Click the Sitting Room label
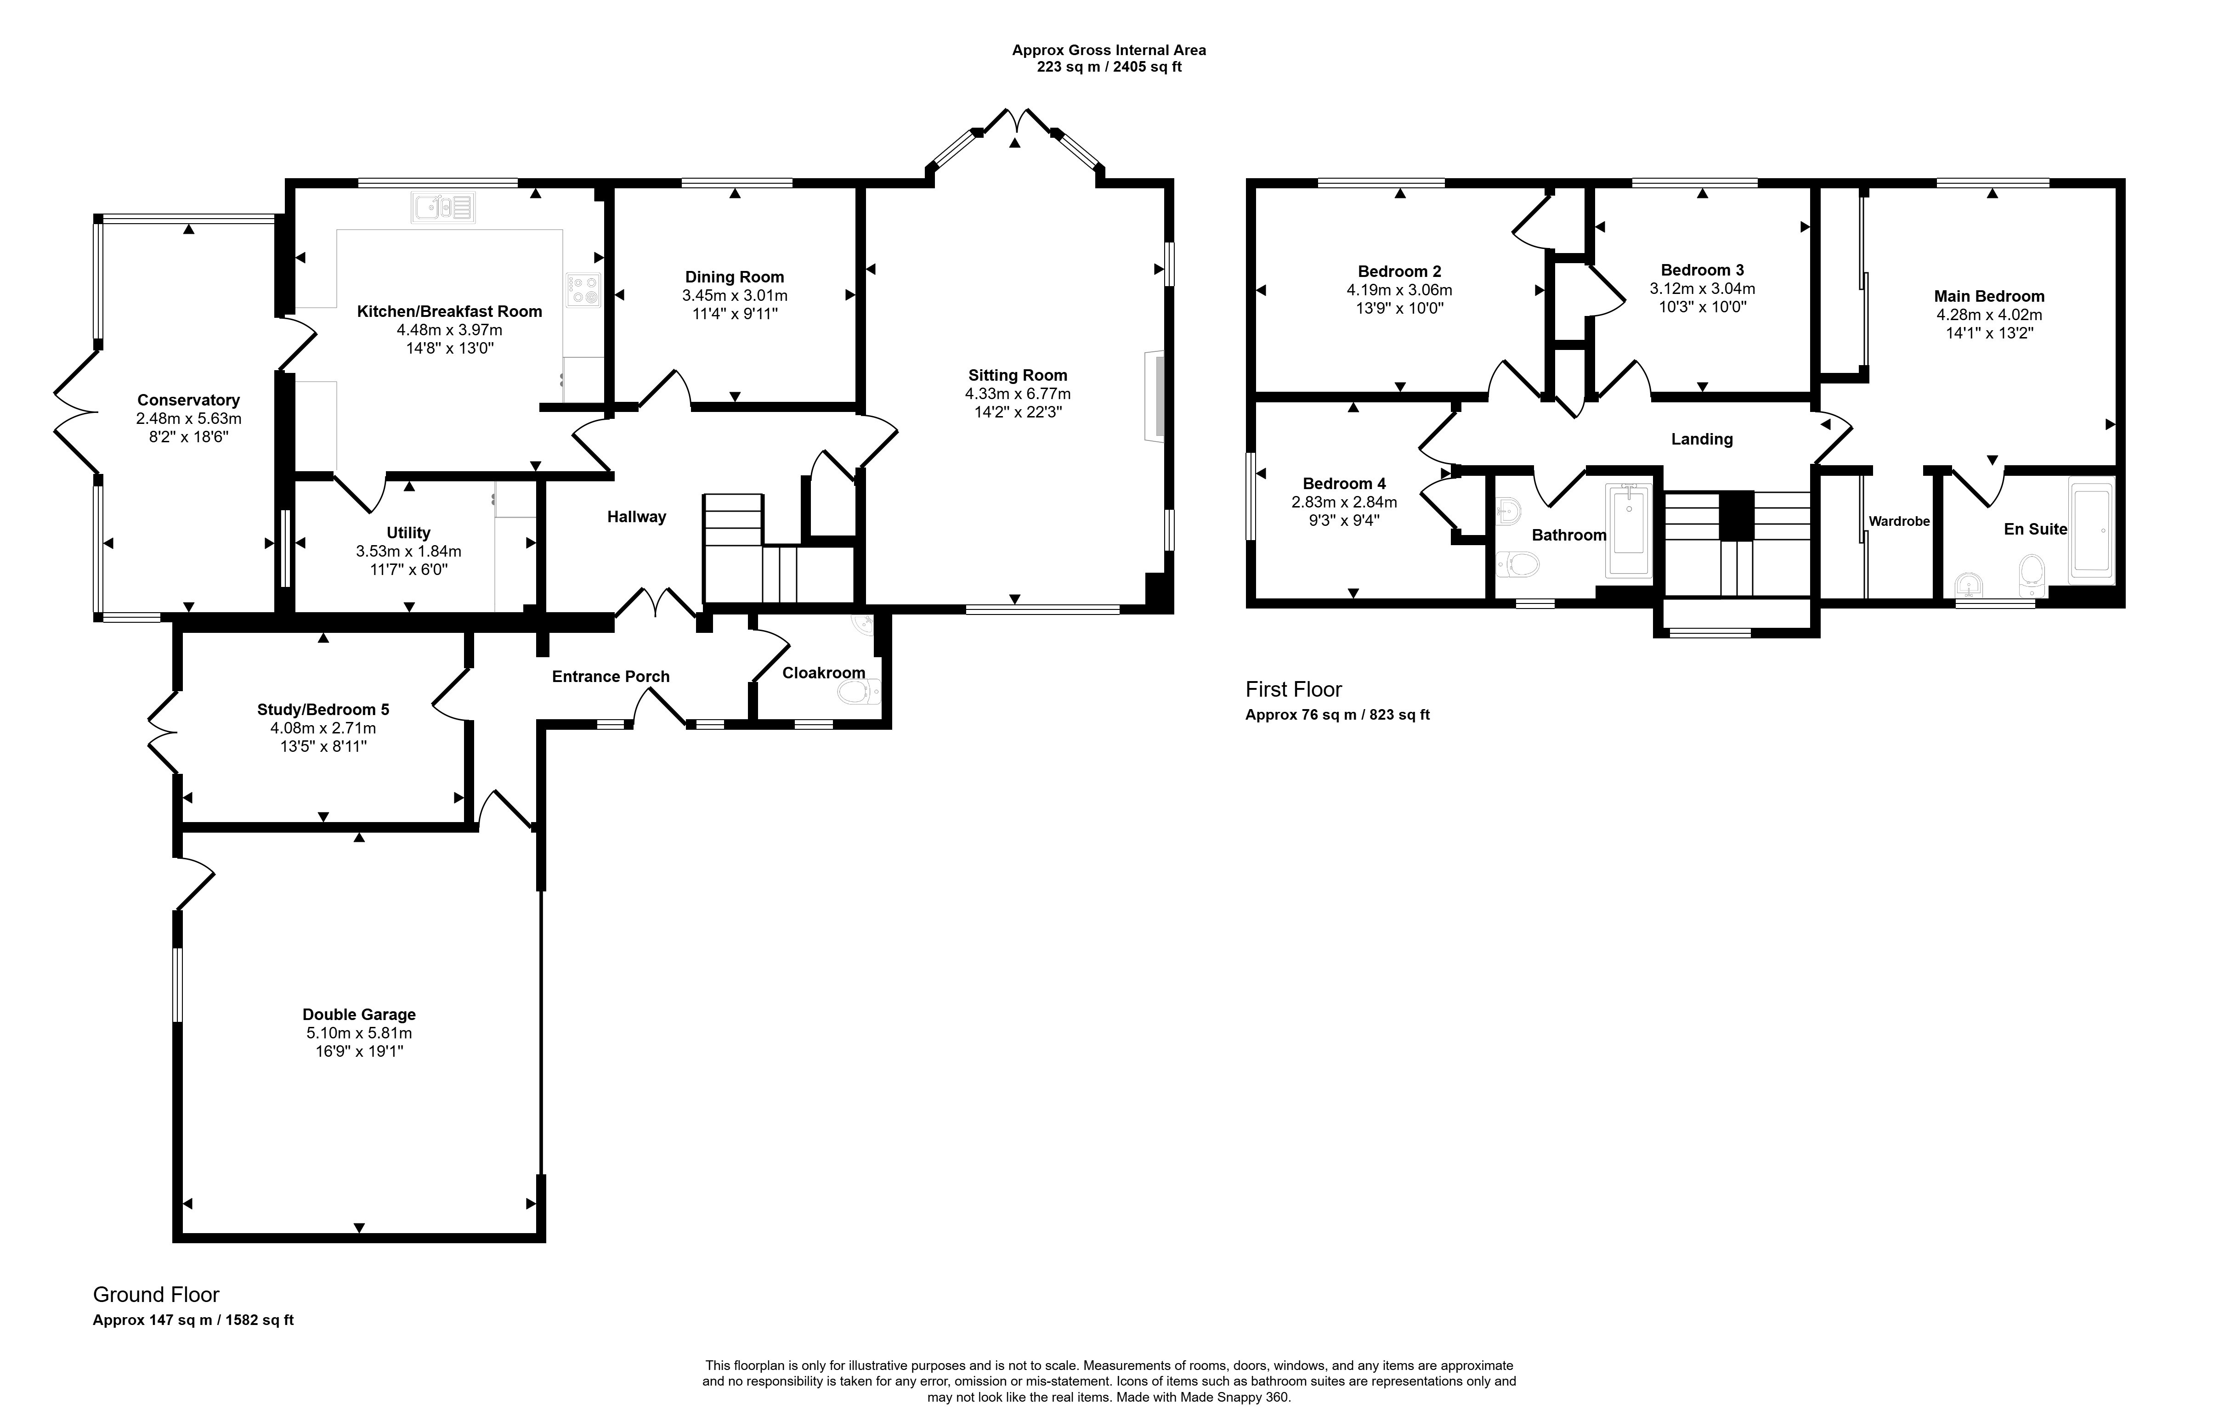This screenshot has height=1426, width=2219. [1018, 375]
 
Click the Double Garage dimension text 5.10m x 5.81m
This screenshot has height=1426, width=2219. [359, 1032]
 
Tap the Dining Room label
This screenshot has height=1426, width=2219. [735, 277]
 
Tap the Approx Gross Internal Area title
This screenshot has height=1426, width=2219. [1109, 50]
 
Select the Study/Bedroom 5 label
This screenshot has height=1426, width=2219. [323, 709]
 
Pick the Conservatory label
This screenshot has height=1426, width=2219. [189, 400]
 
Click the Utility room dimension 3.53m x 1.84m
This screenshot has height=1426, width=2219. [408, 551]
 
